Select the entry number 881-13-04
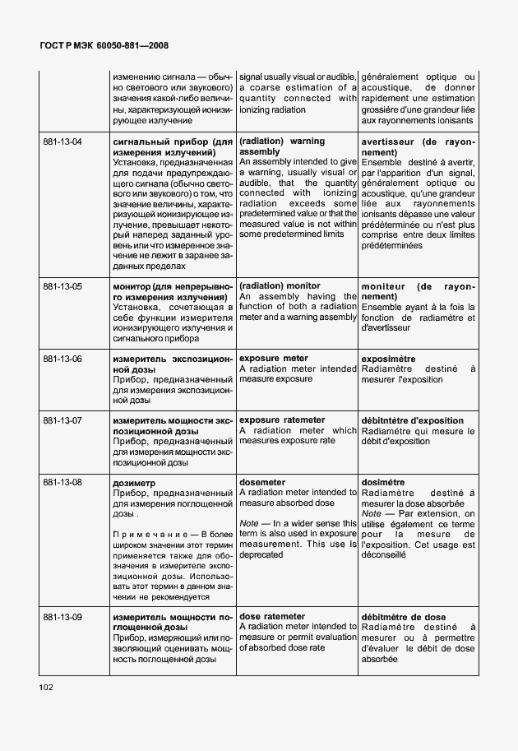[x=62, y=141]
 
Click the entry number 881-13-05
[x=62, y=286]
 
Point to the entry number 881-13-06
[x=62, y=359]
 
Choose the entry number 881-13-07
[x=62, y=420]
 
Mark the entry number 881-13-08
[x=62, y=482]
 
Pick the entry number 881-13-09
[x=62, y=616]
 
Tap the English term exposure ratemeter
[x=281, y=420]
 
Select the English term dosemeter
[x=262, y=482]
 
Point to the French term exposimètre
[x=388, y=359]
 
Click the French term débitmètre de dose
[x=404, y=616]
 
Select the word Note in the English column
[x=248, y=523]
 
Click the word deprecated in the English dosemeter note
[x=261, y=555]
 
